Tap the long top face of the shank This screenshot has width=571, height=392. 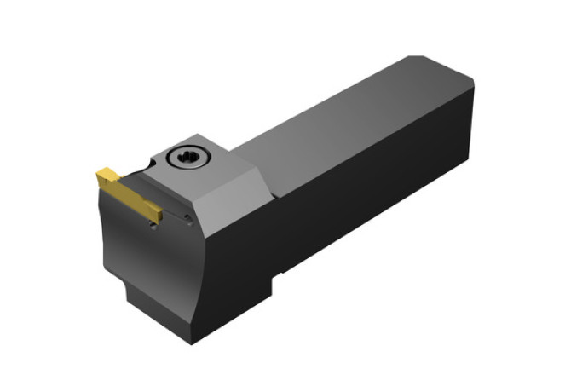[x=341, y=119]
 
